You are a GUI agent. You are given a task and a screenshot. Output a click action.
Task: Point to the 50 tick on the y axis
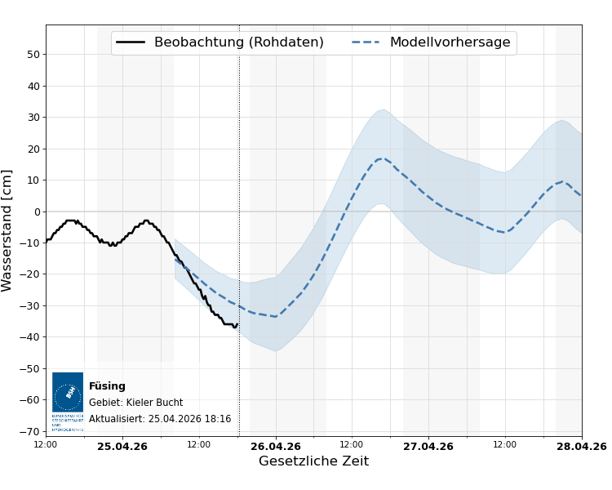33,55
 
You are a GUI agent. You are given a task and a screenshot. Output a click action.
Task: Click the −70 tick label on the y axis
30,431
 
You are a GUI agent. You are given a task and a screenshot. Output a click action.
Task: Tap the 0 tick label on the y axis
37,212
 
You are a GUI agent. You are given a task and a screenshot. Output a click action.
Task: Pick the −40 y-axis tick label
30,337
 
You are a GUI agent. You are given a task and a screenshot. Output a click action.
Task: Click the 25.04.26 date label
122,446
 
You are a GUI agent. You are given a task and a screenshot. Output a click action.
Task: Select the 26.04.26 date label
276,446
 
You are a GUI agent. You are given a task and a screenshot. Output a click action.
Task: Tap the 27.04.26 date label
428,446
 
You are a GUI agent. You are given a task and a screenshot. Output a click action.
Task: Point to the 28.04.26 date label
581,446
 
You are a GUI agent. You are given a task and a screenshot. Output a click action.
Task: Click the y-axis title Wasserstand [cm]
7,230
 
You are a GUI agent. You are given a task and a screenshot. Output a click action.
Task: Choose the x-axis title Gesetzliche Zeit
313,461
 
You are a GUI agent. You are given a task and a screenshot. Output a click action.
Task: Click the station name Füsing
107,386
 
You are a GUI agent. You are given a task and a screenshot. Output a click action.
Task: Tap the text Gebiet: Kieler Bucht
135,403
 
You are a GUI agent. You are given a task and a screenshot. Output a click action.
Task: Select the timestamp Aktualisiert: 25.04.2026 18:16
160,419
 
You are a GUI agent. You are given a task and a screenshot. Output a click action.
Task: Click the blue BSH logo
68,393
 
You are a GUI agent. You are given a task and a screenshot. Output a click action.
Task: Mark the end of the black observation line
237,324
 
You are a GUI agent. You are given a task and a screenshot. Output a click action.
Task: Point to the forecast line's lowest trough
275,316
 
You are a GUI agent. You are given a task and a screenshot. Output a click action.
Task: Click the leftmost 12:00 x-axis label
46,445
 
